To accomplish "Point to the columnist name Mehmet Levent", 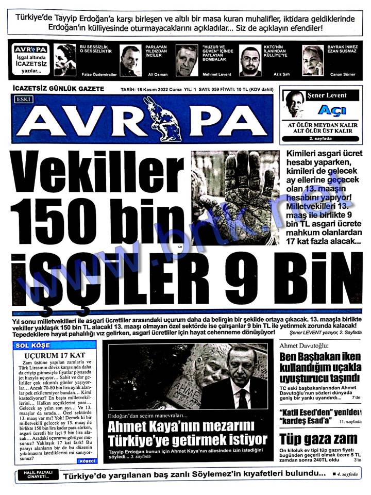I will tap(216, 74).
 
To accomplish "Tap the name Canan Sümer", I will tap(343, 74).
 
